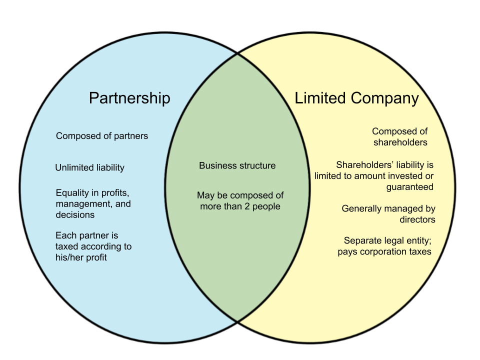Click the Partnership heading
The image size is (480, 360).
pos(129,98)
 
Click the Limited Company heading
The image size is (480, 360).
pos(356,98)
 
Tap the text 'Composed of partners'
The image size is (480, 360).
pos(102,136)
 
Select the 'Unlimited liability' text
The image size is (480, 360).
pos(89,168)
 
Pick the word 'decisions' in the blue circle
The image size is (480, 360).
pos(75,215)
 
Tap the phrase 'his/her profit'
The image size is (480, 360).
pos(81,257)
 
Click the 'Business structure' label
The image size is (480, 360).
pos(237,166)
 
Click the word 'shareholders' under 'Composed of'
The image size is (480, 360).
pos(400,142)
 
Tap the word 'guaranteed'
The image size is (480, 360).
pos(409,187)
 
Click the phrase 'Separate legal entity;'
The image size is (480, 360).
pos(387,240)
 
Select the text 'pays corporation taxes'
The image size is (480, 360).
pos(384,251)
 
